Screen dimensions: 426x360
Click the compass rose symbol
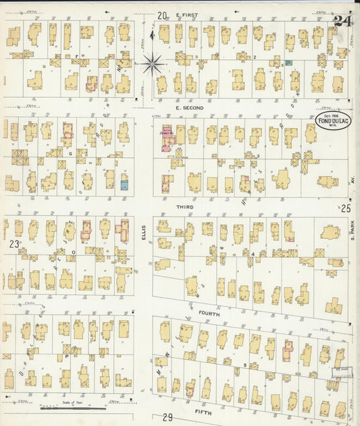point(153,64)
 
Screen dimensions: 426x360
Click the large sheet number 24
point(342,22)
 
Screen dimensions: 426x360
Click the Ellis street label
point(144,233)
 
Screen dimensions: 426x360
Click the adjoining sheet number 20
point(162,15)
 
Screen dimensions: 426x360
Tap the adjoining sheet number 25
point(346,209)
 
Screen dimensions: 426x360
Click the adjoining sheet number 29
point(168,418)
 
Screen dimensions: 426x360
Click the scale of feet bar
point(73,408)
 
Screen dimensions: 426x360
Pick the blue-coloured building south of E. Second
point(124,182)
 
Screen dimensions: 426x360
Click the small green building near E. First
point(288,62)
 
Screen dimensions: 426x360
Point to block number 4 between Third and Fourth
point(253,254)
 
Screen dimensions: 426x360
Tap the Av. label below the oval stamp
point(351,180)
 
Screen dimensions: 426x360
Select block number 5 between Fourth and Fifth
point(245,365)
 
